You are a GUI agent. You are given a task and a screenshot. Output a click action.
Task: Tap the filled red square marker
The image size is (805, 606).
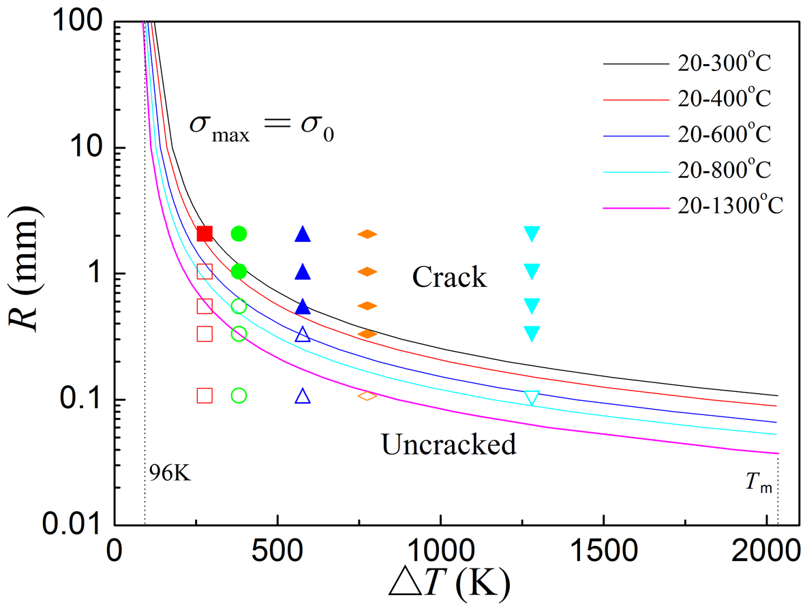tap(204, 234)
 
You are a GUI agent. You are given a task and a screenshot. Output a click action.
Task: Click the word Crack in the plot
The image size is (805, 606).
tap(449, 277)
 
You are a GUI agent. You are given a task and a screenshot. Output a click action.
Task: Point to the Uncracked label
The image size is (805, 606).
tap(448, 445)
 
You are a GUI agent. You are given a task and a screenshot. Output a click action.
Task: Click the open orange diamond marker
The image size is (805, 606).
tap(367, 395)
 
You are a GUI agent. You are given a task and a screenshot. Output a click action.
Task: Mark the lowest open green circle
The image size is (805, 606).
tap(239, 395)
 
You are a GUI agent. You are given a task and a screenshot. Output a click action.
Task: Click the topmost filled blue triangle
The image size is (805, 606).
tap(303, 234)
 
